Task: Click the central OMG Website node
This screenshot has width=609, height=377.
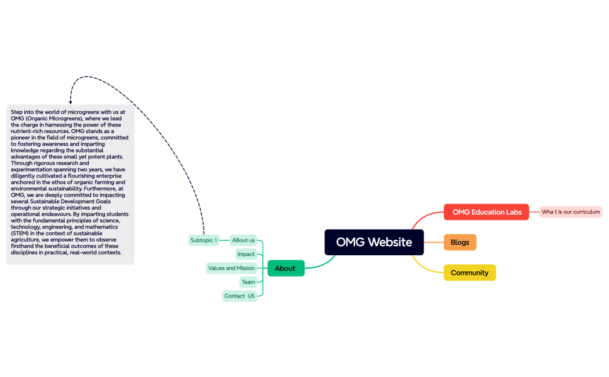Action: (374, 242)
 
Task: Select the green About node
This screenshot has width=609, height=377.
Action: (285, 268)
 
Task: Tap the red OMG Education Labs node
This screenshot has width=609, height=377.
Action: (486, 212)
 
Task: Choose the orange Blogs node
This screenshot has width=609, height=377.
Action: (460, 242)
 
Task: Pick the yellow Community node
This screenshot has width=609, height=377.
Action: (469, 273)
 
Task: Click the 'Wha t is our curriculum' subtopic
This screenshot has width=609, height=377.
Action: (571, 212)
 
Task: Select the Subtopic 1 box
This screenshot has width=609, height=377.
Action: (204, 240)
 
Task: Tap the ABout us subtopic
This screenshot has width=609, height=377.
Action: (243, 240)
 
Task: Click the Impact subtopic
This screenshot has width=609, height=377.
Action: (246, 254)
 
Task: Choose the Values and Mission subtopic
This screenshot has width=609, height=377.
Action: (231, 268)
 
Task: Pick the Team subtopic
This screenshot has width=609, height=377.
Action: (248, 282)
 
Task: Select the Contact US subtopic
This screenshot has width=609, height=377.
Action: (240, 296)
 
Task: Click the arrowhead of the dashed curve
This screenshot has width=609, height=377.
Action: (71, 102)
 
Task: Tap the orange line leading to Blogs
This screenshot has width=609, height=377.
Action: (434, 242)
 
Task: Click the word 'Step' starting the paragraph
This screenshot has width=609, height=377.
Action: (17, 112)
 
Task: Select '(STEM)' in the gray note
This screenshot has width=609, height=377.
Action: (20, 233)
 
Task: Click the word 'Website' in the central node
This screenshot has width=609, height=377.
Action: (390, 242)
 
